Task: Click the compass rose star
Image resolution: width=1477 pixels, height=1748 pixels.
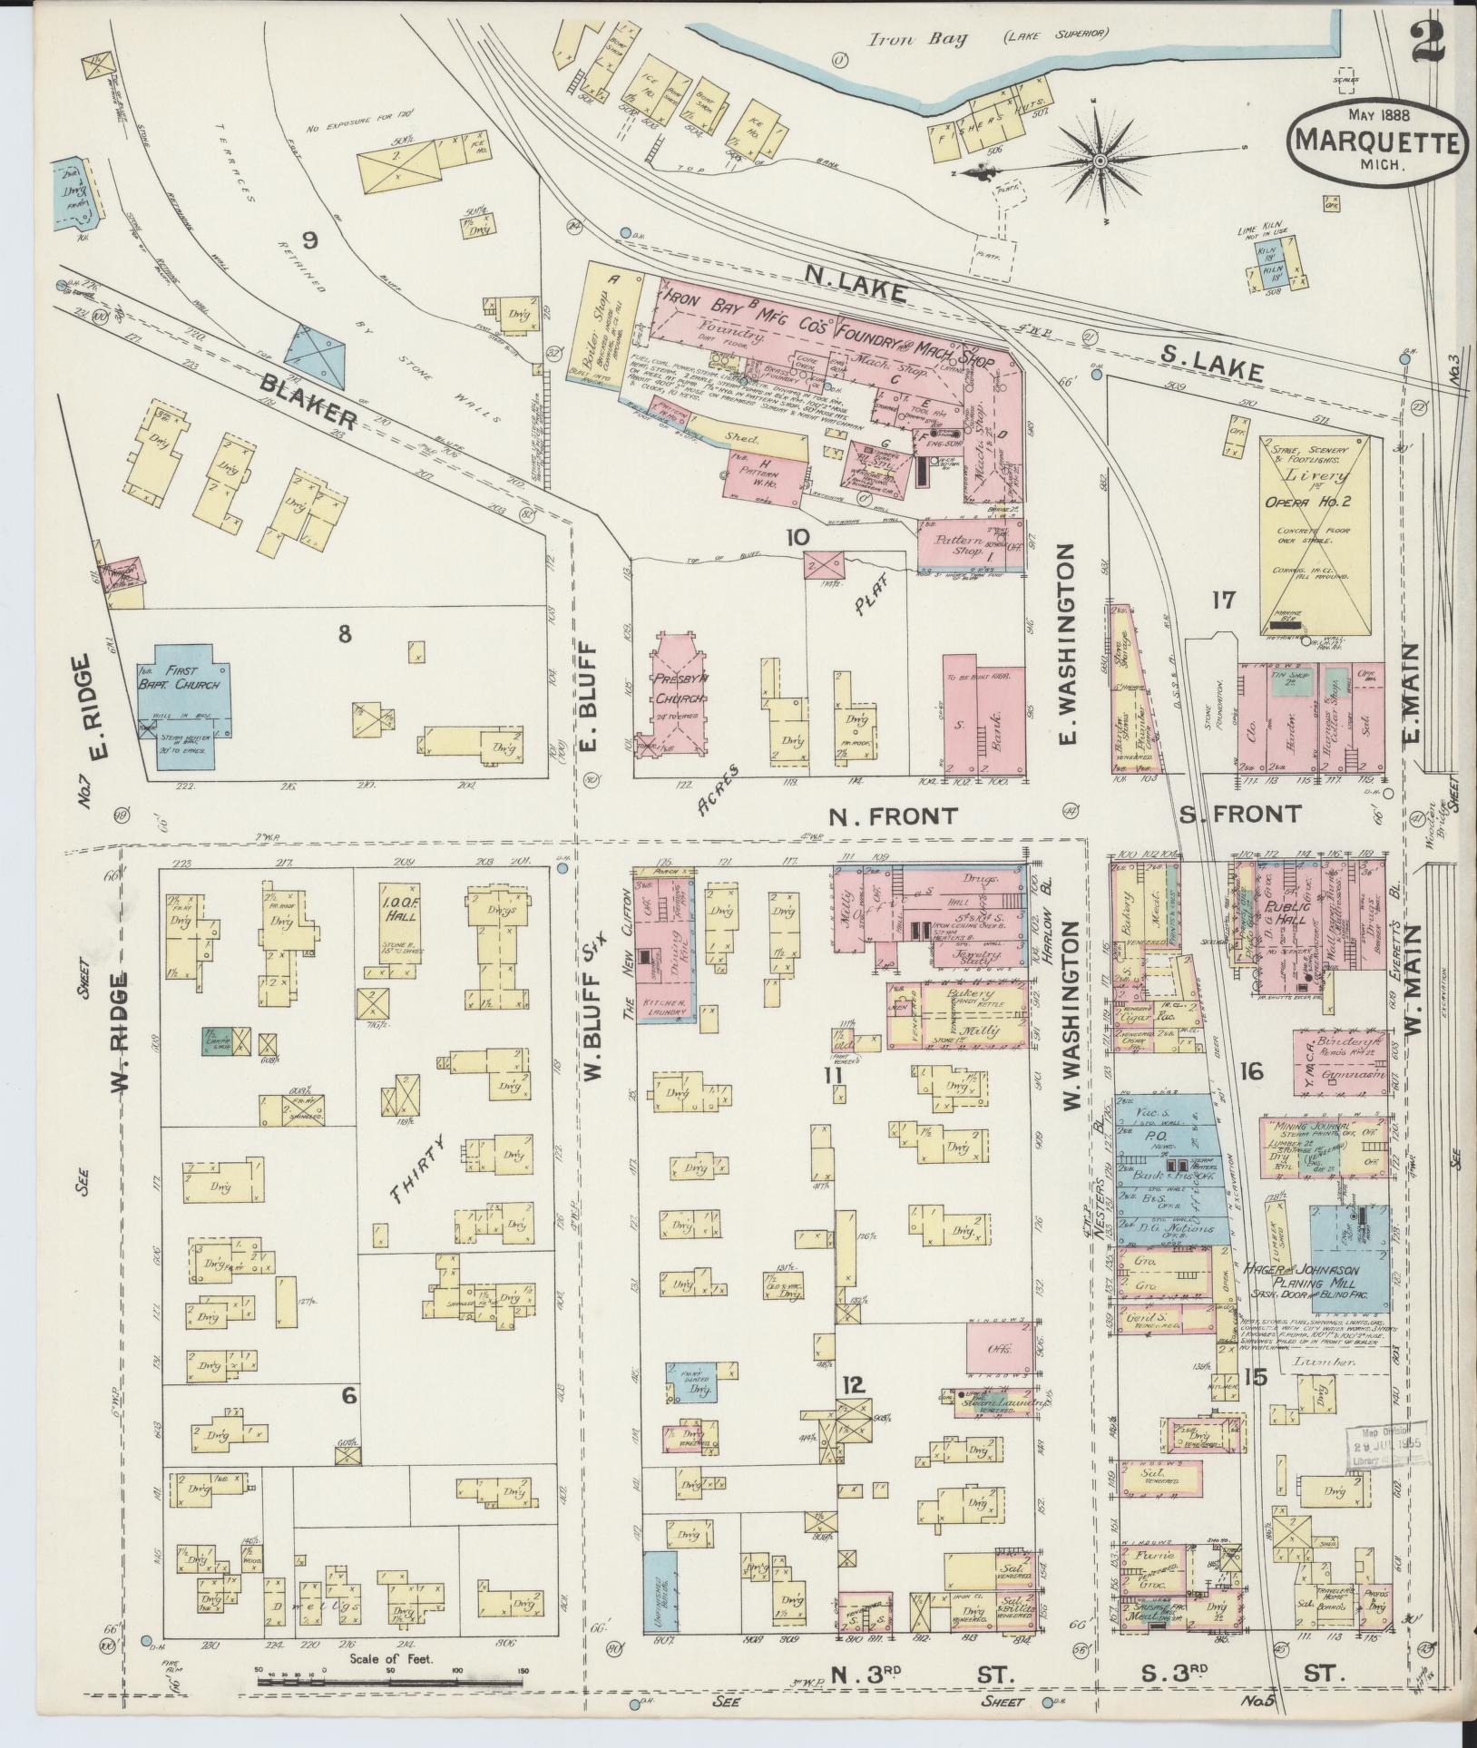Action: pyautogui.click(x=1100, y=161)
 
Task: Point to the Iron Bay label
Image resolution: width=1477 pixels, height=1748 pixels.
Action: pyautogui.click(x=905, y=38)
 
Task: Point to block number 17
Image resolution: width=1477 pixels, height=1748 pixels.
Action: pyautogui.click(x=1224, y=601)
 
